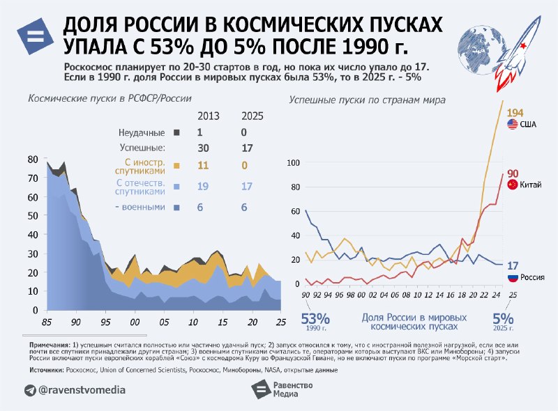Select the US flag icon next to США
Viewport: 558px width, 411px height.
(x=513, y=125)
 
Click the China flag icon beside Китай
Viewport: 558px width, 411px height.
(x=513, y=185)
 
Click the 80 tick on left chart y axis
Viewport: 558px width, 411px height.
(x=33, y=160)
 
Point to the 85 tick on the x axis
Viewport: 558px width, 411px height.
(x=47, y=323)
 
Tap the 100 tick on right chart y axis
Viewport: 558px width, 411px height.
(x=293, y=162)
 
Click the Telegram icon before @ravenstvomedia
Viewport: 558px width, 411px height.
(x=30, y=390)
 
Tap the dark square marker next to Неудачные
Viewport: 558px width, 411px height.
(x=176, y=132)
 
